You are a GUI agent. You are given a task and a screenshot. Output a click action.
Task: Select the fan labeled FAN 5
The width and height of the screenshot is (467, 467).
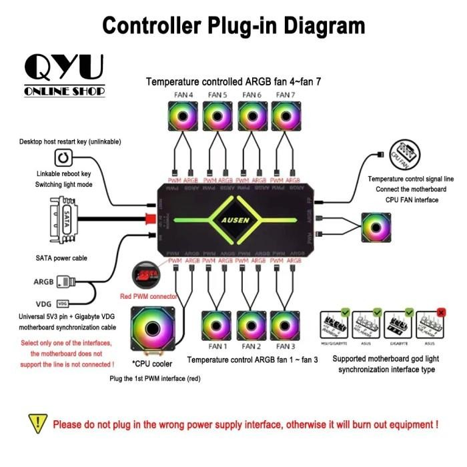[217, 117]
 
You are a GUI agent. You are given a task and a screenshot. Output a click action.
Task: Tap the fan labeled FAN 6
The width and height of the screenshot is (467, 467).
[252, 117]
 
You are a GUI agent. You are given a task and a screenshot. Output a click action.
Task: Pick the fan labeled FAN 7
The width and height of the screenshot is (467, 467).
[286, 117]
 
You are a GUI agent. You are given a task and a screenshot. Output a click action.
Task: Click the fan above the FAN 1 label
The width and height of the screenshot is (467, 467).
[217, 326]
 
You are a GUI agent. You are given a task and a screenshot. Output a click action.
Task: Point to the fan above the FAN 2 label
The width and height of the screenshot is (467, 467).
[252, 326]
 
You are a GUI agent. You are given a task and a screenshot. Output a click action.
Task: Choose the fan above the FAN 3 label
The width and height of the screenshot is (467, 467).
[286, 326]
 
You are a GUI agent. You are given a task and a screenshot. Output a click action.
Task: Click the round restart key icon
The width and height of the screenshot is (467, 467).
[63, 159]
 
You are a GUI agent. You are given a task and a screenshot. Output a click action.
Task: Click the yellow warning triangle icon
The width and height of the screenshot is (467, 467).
[37, 423]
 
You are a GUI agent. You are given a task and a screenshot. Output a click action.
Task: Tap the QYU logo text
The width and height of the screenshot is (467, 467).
[64, 67]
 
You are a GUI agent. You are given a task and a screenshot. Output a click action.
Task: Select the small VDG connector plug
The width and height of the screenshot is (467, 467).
[63, 302]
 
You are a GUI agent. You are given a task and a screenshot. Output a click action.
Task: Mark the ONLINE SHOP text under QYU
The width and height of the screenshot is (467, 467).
[64, 91]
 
